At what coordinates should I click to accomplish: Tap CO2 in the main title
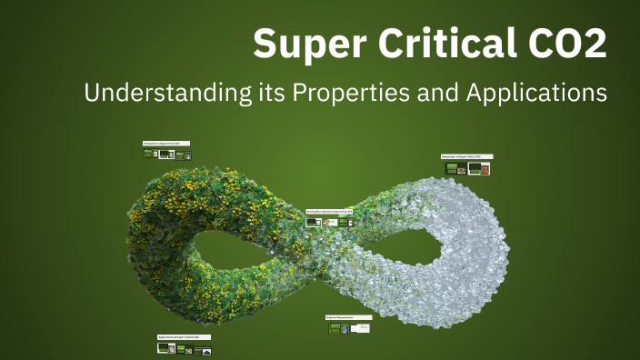(x=568, y=44)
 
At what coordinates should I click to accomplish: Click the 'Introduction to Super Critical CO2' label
(x=167, y=144)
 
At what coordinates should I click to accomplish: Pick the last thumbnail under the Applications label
(x=207, y=349)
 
